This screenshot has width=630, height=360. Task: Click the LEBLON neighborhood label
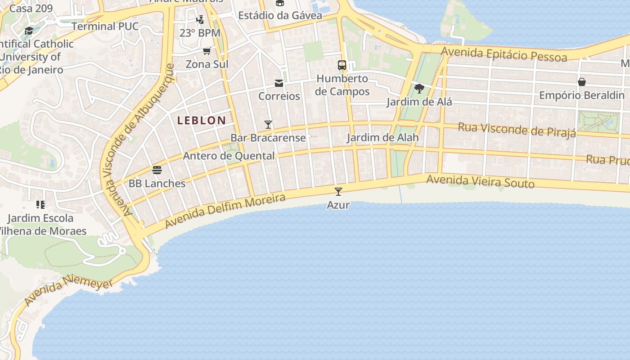click(x=201, y=120)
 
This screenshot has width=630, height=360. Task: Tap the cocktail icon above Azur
click(x=338, y=192)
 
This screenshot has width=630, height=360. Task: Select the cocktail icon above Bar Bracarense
click(x=268, y=125)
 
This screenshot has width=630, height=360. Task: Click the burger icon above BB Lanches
click(x=157, y=170)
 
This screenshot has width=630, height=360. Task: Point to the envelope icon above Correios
click(x=279, y=83)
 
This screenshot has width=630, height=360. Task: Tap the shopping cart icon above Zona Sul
click(x=207, y=51)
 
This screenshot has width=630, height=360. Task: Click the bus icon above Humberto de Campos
click(x=342, y=65)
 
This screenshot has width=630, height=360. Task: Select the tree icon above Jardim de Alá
click(x=419, y=89)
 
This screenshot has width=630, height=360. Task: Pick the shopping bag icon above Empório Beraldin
click(x=582, y=82)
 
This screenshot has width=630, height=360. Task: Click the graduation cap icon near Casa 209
click(x=29, y=31)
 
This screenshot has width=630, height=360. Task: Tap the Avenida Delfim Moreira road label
click(x=225, y=211)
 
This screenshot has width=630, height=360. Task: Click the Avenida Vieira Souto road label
click(x=480, y=181)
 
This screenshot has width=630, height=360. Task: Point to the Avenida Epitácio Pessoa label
click(x=504, y=54)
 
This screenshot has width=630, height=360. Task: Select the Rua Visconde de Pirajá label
click(x=517, y=129)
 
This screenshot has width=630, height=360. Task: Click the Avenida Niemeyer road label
click(x=68, y=292)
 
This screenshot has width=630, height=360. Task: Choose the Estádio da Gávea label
click(x=280, y=16)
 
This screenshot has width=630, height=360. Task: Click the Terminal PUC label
click(x=105, y=26)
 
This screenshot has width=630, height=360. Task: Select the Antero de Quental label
click(x=229, y=156)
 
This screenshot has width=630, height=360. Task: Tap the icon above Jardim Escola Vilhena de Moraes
click(x=40, y=205)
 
